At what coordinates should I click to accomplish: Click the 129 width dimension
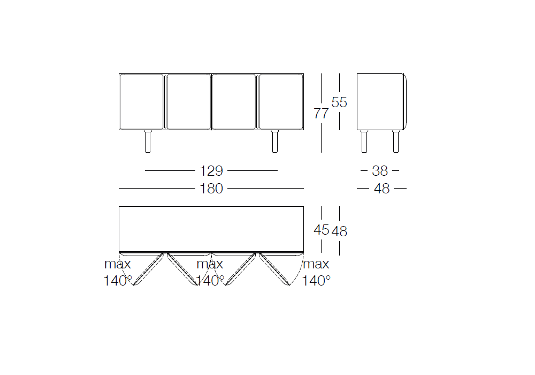[x=211, y=171]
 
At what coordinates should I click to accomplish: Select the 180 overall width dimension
[x=211, y=189]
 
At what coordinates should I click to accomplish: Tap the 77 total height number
[x=321, y=114]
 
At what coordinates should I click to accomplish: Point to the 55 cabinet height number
[x=339, y=102]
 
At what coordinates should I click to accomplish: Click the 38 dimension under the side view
[x=380, y=171]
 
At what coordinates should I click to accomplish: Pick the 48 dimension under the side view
[x=382, y=189]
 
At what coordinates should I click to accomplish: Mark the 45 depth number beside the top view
[x=322, y=230]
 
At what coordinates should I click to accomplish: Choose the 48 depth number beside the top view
[x=340, y=231]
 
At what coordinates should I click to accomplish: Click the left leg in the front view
[x=148, y=141]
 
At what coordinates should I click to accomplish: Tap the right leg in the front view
[x=274, y=141]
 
